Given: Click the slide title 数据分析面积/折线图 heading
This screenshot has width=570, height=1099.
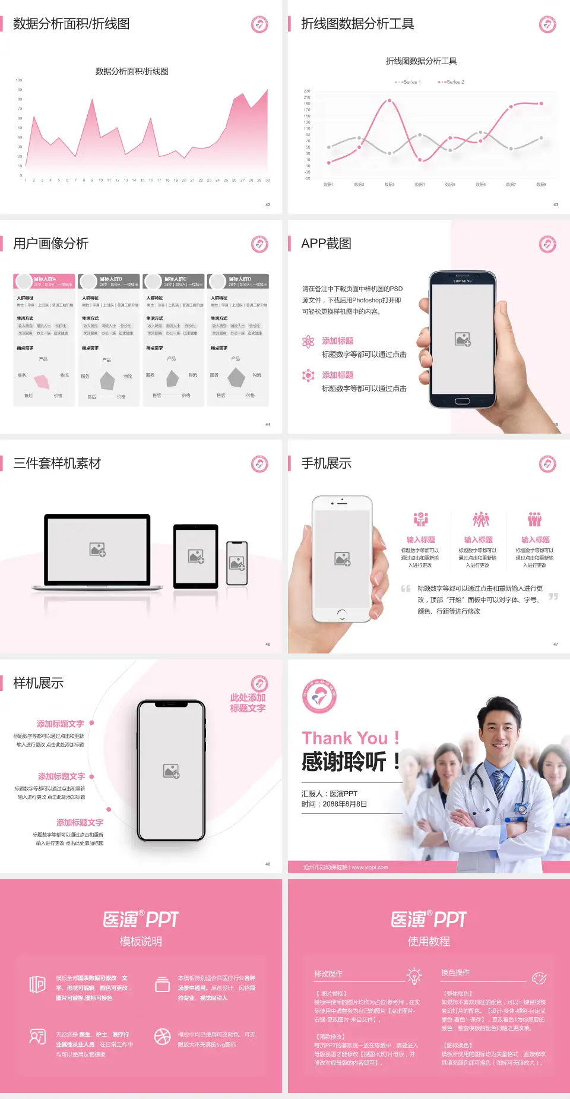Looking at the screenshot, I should [71, 24].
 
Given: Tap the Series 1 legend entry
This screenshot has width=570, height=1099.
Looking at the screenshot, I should [408, 82].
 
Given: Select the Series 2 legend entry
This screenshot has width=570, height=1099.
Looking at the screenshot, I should [452, 82].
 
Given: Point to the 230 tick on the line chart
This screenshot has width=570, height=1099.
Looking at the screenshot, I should [307, 91].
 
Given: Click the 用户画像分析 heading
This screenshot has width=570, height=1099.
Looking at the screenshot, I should [51, 244].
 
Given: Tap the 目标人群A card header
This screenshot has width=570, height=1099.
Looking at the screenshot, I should [45, 281].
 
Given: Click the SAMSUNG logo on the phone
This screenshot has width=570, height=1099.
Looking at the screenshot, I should [463, 281].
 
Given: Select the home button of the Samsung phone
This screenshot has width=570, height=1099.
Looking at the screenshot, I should [463, 401].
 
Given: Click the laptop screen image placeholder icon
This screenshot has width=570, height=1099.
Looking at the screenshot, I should [97, 549].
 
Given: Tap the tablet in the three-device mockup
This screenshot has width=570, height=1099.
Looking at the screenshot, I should [196, 556].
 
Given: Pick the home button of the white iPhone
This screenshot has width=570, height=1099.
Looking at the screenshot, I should [341, 614].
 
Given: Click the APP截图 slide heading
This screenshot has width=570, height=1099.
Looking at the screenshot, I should [326, 244].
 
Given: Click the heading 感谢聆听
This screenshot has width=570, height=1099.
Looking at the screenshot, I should [344, 762].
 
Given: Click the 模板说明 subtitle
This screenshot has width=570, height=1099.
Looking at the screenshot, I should [141, 942].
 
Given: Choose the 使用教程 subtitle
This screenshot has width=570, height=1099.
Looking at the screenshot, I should [429, 942].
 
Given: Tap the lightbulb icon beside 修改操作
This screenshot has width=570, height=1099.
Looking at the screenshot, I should [414, 975].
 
